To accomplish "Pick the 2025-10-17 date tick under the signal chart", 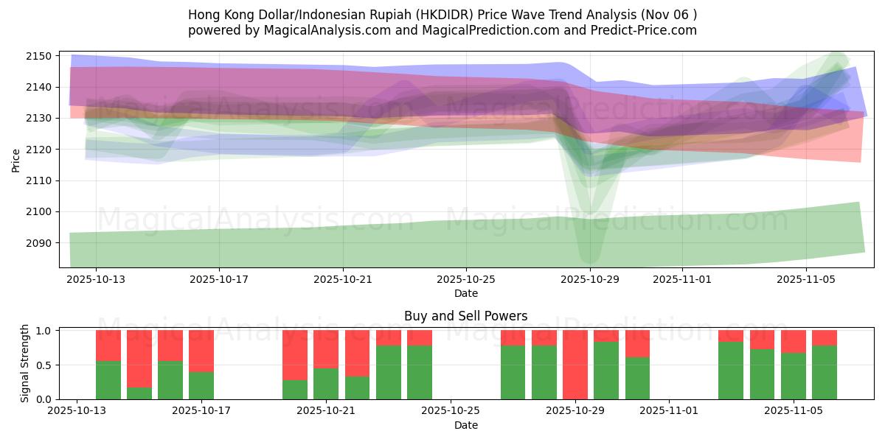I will pos(201,411).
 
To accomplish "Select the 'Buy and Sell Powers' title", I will pos(465,316).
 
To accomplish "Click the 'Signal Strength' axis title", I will pos(25,363).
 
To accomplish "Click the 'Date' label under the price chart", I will pos(465,293).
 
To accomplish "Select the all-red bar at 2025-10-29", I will pos(575,365).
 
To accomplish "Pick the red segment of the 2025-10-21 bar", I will pos(326,349).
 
